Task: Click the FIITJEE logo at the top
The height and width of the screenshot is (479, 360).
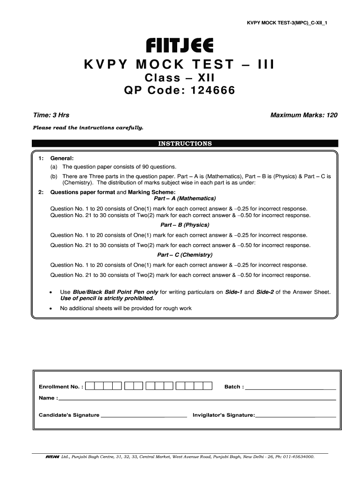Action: pyautogui.click(x=180, y=46)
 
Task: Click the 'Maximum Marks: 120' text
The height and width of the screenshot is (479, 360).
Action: pyautogui.click(x=304, y=115)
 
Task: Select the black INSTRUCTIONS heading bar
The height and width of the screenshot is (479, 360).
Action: pyautogui.click(x=185, y=144)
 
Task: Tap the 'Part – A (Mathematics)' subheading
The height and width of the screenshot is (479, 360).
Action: pyautogui.click(x=185, y=198)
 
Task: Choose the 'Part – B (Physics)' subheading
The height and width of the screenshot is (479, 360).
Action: pyautogui.click(x=185, y=225)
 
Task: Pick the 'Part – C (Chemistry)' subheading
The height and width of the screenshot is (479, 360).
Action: pyautogui.click(x=185, y=255)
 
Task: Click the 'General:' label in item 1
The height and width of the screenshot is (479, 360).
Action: pyautogui.click(x=62, y=158)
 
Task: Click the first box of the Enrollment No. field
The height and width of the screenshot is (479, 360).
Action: pyautogui.click(x=91, y=386)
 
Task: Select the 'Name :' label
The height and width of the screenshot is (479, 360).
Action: pyautogui.click(x=49, y=399)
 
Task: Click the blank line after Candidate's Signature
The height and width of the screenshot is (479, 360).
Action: pyautogui.click(x=144, y=415)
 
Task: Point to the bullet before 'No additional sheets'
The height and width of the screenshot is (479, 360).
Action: pyautogui.click(x=50, y=309)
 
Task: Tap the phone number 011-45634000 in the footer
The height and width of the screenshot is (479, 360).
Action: pyautogui.click(x=297, y=456)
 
